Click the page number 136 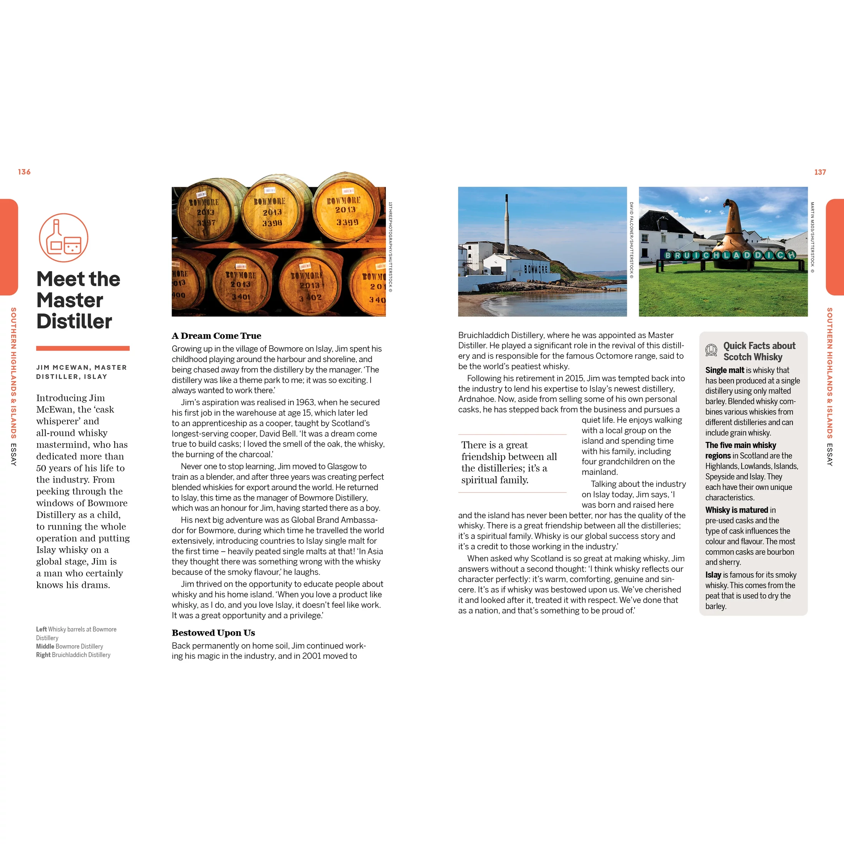[25, 172]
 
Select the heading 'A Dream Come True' [216, 336]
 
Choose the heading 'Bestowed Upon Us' [213, 633]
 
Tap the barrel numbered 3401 [240, 284]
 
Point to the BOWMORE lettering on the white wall [536, 269]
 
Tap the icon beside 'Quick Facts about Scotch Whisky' [711, 350]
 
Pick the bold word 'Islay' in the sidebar [713, 575]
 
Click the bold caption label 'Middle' [45, 646]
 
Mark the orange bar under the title [82, 349]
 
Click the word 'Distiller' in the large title [74, 322]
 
